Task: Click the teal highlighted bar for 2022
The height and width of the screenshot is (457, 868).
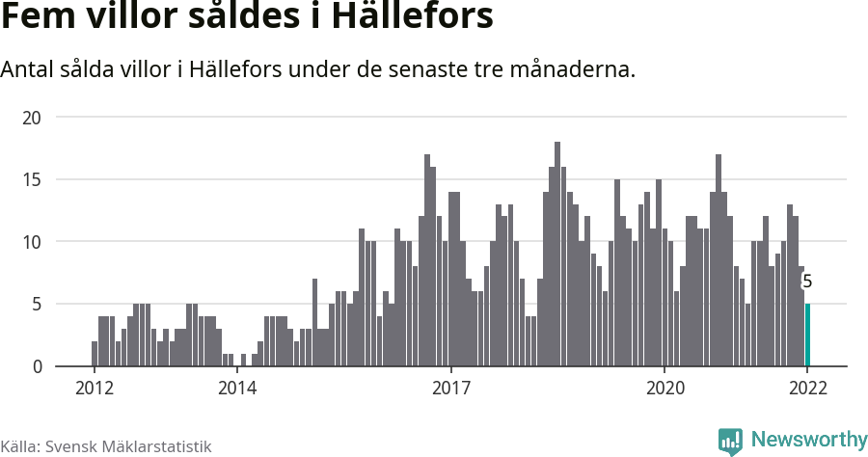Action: coord(807,335)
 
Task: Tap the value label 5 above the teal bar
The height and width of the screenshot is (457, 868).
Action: coord(807,282)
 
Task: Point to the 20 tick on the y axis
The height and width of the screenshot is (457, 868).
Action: coord(32,118)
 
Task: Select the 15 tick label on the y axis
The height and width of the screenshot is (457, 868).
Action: coord(32,179)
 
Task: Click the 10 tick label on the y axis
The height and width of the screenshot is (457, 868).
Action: coord(32,242)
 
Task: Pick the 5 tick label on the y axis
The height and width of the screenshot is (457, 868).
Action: coord(37,305)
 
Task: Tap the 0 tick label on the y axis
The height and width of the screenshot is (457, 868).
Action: coord(37,366)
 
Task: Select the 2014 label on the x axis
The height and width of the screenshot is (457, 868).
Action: coord(236,389)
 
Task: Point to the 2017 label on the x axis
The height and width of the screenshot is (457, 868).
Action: coord(450,389)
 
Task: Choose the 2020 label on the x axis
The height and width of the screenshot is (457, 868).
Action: coord(665,389)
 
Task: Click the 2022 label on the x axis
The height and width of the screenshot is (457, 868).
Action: coord(807,389)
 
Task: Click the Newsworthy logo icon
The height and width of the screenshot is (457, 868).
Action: coord(730,441)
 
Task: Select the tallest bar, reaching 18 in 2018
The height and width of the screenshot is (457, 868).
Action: coord(557,255)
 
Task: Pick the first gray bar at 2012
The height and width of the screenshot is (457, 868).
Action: coord(95,354)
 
